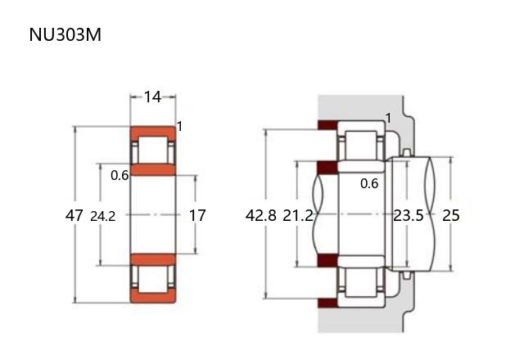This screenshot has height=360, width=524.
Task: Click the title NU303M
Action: tap(65, 34)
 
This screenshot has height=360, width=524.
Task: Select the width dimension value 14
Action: tap(153, 97)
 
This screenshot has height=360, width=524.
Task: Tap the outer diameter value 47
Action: tap(74, 215)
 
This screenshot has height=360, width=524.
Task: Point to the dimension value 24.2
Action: tap(103, 216)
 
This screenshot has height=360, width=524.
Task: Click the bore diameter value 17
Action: tap(197, 215)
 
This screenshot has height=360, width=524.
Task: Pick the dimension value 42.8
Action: tap(260, 215)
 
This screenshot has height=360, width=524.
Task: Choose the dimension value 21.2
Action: tap(298, 215)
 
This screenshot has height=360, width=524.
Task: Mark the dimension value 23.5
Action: tap(408, 215)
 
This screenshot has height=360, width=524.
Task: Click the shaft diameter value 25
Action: tap(451, 215)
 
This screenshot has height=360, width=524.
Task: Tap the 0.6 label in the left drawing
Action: tap(120, 175)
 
